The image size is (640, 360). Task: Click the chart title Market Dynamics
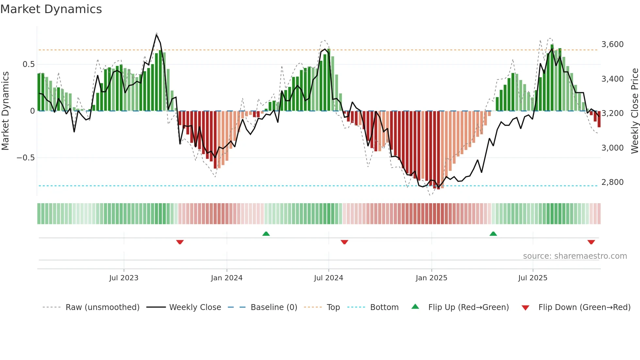click(51, 9)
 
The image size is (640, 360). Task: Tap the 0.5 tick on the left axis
click(29, 64)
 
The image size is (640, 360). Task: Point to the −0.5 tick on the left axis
click(25, 158)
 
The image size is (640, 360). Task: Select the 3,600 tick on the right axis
click(612, 44)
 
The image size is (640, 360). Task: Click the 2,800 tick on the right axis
click(612, 182)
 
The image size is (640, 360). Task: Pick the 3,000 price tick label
click(612, 148)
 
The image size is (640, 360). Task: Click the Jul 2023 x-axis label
click(124, 278)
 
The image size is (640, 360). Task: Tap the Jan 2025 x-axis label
click(431, 278)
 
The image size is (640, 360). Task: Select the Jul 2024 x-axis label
click(328, 278)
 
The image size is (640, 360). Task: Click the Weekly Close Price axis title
click(634, 111)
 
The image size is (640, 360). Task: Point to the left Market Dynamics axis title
click(5, 111)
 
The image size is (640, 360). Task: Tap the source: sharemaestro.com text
click(575, 256)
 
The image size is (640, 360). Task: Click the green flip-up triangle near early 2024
click(266, 234)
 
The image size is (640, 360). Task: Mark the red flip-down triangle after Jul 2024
click(344, 242)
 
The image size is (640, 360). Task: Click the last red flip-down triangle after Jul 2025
click(591, 242)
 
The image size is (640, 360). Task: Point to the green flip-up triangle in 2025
click(493, 234)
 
